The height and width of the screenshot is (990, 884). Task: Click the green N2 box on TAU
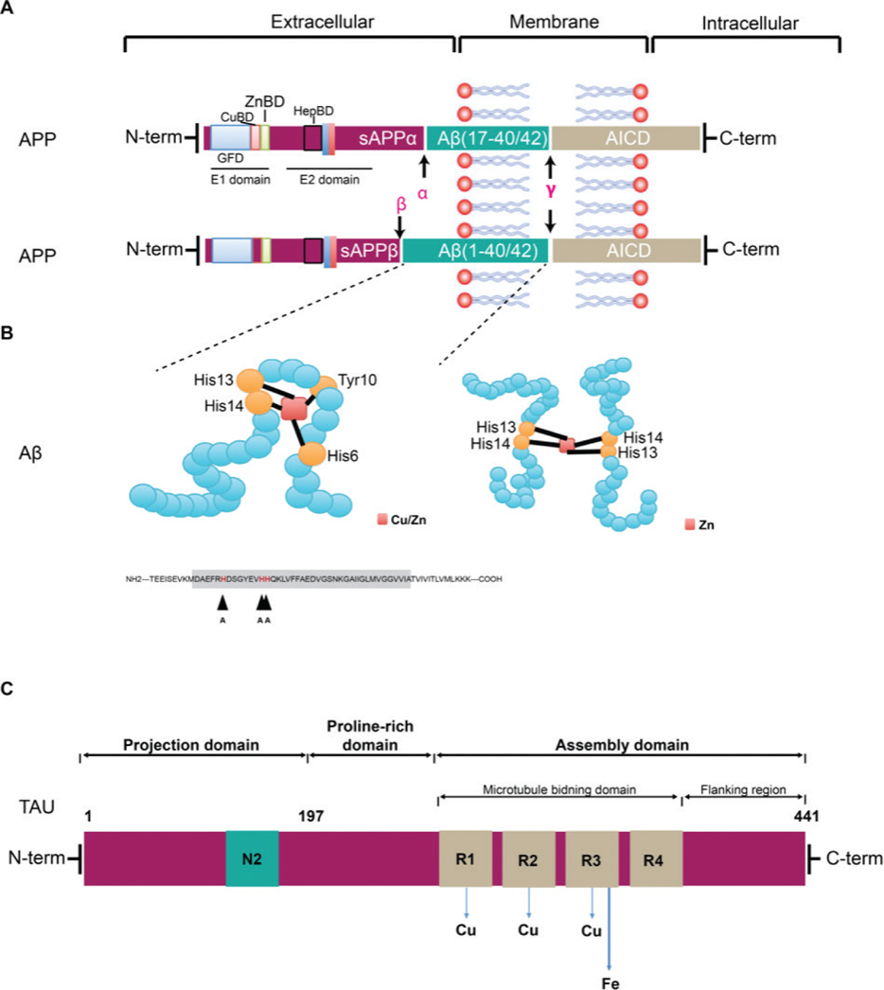252,858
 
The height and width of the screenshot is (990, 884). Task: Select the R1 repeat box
465,858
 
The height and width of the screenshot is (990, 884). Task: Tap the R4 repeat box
655,858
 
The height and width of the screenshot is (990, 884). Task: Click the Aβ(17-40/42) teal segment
486,140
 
